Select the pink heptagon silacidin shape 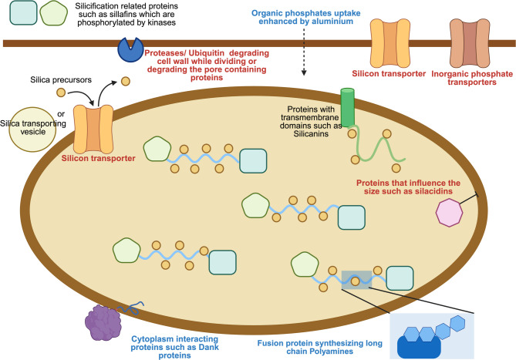449,213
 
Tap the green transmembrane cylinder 348,107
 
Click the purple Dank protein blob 103,323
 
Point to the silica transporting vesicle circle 32,130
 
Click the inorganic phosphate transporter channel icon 470,43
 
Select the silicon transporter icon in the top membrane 390,43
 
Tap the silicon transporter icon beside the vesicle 93,130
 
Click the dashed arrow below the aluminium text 304,52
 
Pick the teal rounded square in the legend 23,13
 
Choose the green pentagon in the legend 54,13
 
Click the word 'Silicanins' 311,134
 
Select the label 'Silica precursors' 61,80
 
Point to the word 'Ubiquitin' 207,53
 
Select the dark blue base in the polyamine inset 419,347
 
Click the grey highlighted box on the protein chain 356,280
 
